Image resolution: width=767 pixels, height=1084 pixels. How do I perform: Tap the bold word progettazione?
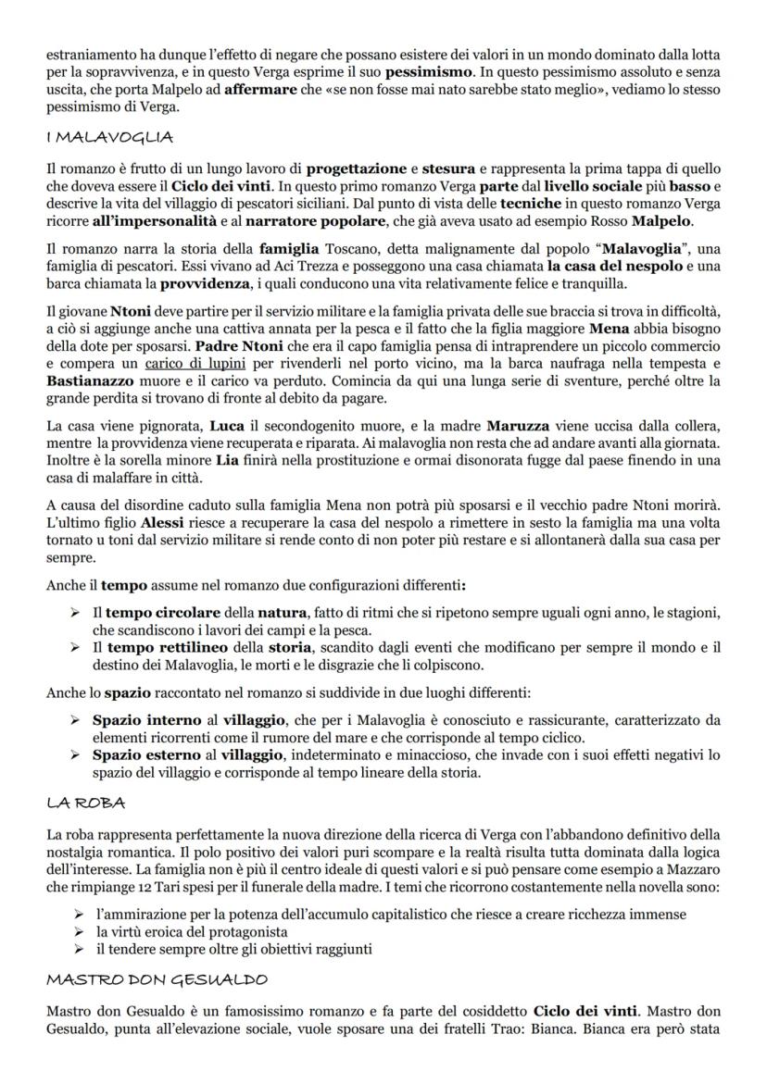pyautogui.click(x=357, y=168)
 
